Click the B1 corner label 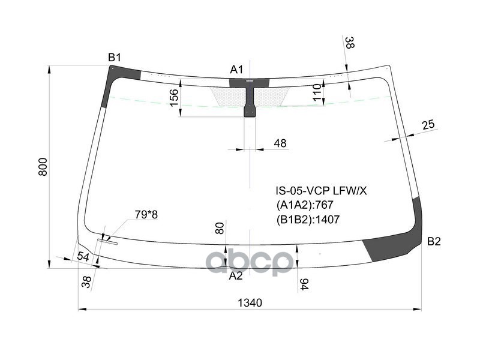pos(115,58)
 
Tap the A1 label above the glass pos(236,70)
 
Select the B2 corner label pos(434,242)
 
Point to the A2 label pos(236,276)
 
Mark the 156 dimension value pos(173,98)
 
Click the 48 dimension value pos(280,143)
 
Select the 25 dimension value pos(428,125)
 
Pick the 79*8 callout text pos(146,214)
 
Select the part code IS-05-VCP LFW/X pos(320,191)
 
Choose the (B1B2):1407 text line pos(308,220)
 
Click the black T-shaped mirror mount pos(249,96)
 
